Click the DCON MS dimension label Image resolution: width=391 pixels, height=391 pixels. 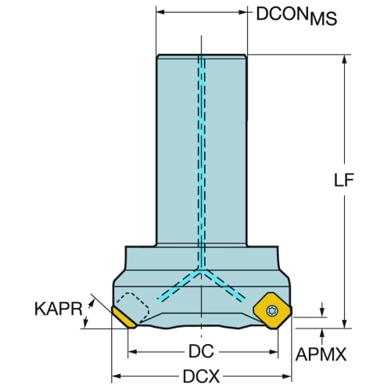296,16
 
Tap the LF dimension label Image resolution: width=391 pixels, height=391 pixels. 344,180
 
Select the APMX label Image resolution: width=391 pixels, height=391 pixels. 321,354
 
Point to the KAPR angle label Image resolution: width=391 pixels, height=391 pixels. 59,309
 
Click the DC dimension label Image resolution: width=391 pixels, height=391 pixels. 201,351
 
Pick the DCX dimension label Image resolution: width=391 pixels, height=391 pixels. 201,376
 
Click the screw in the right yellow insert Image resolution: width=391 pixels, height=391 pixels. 273,310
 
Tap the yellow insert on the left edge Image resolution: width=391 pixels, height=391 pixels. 124,317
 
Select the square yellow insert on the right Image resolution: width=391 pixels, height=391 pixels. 273,310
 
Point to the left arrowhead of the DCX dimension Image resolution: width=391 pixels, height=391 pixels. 116,376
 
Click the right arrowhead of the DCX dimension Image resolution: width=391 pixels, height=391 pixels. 287,376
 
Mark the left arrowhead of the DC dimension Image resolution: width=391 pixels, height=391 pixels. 133,352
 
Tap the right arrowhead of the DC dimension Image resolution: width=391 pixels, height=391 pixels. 274,352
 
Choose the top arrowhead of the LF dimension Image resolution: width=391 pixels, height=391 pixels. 344,59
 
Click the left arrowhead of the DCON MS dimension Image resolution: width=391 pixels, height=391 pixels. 161,12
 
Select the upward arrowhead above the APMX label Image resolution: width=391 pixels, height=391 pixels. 323,333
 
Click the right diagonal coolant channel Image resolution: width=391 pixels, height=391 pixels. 223,285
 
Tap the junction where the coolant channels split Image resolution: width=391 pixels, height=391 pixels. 201,270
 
